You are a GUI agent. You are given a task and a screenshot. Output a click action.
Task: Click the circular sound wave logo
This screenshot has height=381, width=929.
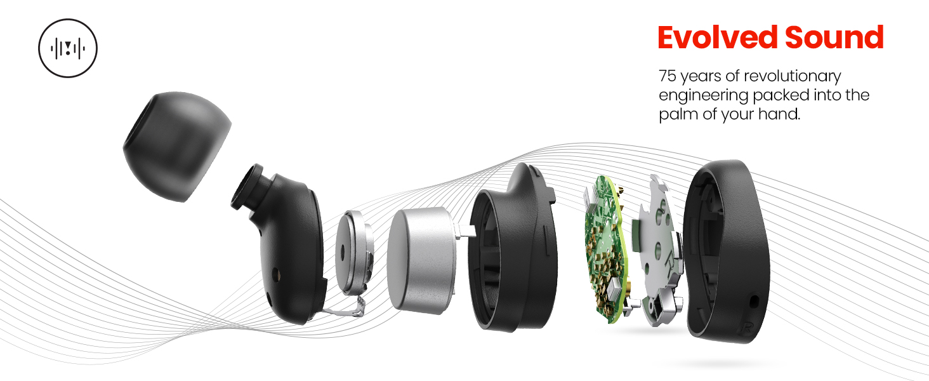[68, 48]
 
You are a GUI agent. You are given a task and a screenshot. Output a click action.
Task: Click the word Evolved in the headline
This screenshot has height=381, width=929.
[717, 37]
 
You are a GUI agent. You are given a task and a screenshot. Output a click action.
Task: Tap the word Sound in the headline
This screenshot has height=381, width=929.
[834, 37]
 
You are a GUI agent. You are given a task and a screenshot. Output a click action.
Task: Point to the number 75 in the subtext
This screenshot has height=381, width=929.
[668, 76]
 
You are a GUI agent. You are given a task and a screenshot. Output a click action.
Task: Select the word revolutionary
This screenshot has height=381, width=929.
[793, 76]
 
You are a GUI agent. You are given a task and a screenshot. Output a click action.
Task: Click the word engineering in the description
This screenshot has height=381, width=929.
[703, 96]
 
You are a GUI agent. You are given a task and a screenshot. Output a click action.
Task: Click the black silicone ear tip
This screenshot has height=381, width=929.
[177, 146]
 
